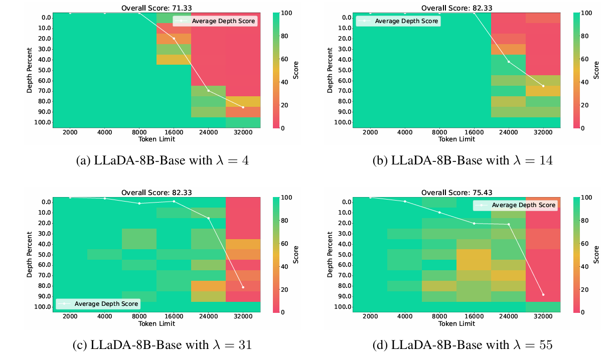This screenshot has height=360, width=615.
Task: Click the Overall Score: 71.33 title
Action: pos(156,8)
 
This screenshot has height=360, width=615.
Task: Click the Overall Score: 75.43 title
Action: pos(457,192)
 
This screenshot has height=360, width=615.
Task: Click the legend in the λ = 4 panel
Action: pos(215,21)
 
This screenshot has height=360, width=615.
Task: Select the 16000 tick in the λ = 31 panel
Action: pos(174,317)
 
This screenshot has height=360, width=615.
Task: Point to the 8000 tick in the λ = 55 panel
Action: pos(439,317)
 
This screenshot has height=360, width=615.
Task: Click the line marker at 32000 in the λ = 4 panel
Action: pos(243,107)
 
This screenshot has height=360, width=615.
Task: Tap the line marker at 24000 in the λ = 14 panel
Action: pos(509,62)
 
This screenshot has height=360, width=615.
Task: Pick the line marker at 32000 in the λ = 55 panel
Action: pos(543,295)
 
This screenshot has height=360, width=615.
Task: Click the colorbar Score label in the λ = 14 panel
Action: pos(596,70)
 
